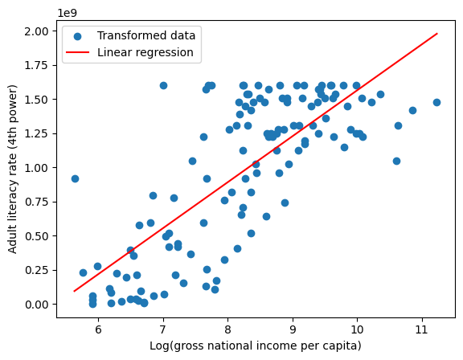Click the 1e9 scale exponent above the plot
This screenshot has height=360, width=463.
tap(68, 14)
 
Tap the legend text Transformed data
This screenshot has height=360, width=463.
tap(145, 35)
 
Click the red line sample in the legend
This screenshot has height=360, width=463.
tap(80, 52)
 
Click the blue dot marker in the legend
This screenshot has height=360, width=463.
tap(80, 35)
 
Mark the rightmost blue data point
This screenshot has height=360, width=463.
tap(436, 102)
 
